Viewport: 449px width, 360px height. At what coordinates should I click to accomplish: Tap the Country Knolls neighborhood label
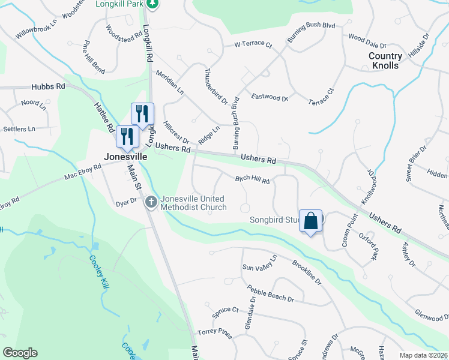click(x=385, y=61)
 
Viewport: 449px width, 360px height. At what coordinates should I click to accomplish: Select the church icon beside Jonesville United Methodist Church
click(x=151, y=203)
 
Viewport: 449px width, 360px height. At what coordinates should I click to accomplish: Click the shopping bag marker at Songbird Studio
click(x=311, y=221)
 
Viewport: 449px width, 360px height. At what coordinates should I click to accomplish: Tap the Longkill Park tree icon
click(x=153, y=4)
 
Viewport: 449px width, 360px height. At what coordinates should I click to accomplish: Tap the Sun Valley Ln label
click(x=259, y=263)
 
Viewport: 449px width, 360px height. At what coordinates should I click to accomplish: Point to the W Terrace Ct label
click(x=253, y=45)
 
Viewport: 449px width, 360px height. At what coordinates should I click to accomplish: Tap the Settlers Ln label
click(x=19, y=129)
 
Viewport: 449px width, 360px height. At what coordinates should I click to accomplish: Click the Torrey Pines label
click(x=214, y=332)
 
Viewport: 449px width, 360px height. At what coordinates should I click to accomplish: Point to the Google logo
click(x=20, y=353)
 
